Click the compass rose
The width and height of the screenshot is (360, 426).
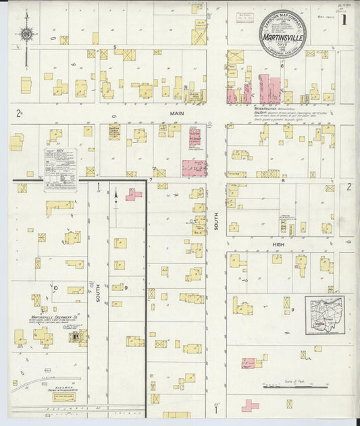point(26,34)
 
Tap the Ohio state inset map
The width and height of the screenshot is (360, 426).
point(324,314)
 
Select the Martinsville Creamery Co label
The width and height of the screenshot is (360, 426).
point(56,317)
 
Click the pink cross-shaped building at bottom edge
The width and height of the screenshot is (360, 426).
point(251,406)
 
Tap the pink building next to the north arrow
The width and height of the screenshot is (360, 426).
point(133,194)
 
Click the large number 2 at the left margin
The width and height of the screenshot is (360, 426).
point(20,113)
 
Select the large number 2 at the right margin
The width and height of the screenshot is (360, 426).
point(349,187)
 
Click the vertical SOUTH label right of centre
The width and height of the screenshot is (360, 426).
point(216,219)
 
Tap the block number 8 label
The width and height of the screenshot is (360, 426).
point(283,180)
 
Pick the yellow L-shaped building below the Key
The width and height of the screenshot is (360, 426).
point(59,207)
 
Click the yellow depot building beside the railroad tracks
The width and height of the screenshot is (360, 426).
point(63,397)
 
